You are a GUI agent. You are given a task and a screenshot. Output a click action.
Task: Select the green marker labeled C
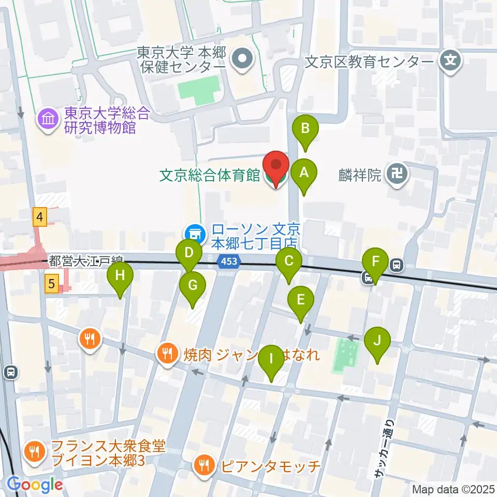pos(289,262)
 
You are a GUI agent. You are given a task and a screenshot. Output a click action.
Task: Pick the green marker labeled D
pos(189,254)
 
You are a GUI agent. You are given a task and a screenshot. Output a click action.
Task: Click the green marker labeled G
pos(193,286)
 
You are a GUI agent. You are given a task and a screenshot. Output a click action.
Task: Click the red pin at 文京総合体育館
pos(276,167)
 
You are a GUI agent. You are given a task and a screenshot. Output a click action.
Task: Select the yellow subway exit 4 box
pos(40,216)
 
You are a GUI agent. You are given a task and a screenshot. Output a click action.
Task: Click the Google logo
pos(34,485)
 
